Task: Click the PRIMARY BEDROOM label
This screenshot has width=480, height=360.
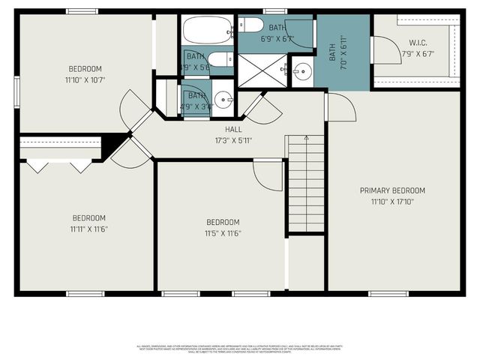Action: [x=392, y=190]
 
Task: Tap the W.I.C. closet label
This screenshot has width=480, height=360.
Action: [x=418, y=42]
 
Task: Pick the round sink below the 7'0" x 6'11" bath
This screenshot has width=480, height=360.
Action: [x=302, y=72]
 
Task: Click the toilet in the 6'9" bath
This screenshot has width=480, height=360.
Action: [x=247, y=25]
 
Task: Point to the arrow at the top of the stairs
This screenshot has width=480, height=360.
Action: [x=306, y=140]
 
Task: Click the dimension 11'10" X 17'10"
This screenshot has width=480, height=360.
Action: [x=392, y=201]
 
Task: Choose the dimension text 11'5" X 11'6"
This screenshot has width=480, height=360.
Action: [x=223, y=232]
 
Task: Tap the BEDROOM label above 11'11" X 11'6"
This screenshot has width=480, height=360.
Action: [x=88, y=218]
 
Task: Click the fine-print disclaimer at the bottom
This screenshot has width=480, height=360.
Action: [x=240, y=348]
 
